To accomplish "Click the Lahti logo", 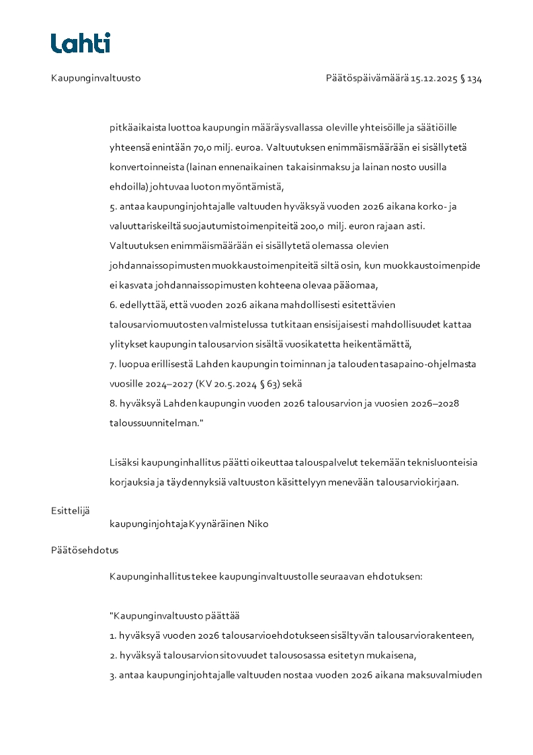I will [x=81, y=43].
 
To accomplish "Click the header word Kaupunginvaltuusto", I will [x=95, y=78].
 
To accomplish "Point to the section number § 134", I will [x=471, y=78].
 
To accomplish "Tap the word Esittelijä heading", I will [x=70, y=510].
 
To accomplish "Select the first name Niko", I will [x=258, y=524].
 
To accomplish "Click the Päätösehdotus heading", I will [x=85, y=550].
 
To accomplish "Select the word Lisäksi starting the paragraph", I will [x=124, y=462].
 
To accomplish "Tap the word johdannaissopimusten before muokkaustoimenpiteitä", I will [x=161, y=265].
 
